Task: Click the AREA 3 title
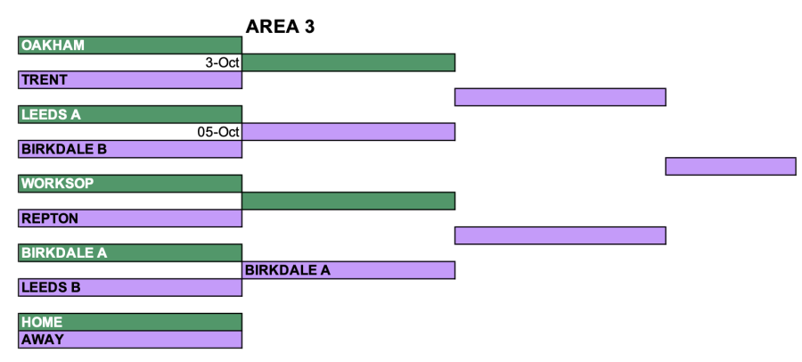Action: (x=280, y=27)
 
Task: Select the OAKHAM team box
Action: (x=130, y=45)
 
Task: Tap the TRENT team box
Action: (x=130, y=80)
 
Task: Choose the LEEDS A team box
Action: (x=130, y=114)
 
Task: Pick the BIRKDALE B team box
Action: (x=130, y=149)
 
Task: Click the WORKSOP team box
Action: (x=130, y=184)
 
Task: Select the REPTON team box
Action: (x=130, y=218)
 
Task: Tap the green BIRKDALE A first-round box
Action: (x=130, y=253)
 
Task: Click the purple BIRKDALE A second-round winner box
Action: (x=348, y=270)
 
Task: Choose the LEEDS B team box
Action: (x=130, y=287)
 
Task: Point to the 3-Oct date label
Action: (x=223, y=62)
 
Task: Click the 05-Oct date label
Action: (x=218, y=132)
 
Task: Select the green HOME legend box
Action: (x=130, y=322)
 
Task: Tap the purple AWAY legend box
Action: (x=130, y=340)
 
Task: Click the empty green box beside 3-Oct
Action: (x=348, y=62)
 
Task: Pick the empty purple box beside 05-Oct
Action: (x=348, y=132)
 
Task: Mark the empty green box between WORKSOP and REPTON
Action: (x=348, y=201)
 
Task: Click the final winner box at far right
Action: (x=731, y=167)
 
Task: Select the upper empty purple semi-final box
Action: (x=561, y=97)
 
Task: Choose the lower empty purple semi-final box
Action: (x=561, y=235)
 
